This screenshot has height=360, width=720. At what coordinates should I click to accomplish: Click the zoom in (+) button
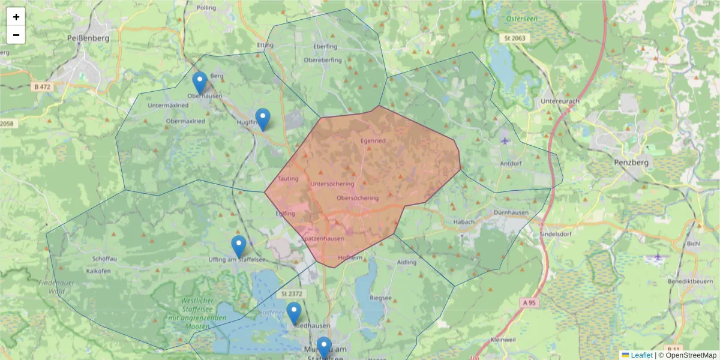point(16,17)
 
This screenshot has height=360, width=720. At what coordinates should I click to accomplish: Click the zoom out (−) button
point(16,35)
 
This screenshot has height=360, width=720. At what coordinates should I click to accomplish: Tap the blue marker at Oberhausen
point(200,83)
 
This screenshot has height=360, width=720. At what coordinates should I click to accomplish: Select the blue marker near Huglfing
point(262,119)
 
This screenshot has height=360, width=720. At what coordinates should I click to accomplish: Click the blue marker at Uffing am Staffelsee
point(239,247)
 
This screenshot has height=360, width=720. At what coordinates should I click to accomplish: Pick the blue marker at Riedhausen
point(294,313)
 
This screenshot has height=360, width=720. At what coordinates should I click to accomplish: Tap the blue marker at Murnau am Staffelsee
point(324,347)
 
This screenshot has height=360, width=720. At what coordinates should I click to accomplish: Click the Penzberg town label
point(629,162)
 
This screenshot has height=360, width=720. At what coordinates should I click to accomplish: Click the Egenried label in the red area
point(372,141)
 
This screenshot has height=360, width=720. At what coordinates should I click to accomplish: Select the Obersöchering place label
point(358,198)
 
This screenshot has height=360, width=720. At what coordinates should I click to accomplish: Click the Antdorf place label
point(512,163)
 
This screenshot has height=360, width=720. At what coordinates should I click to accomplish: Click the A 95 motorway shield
point(529,303)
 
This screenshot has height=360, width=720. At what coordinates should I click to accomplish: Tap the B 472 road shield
point(43,87)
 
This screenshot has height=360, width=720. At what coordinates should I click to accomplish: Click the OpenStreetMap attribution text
point(691,355)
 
